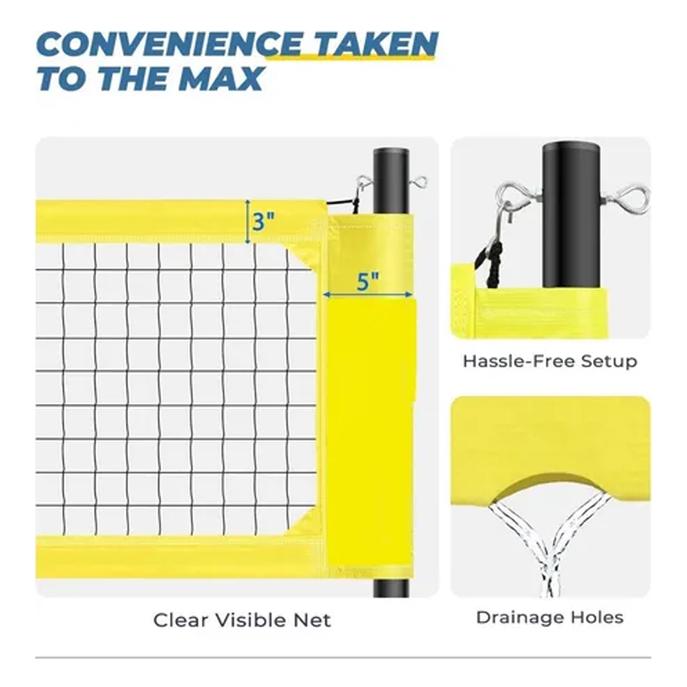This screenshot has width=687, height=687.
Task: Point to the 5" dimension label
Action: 367,281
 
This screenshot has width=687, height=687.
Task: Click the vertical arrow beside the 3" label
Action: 247,221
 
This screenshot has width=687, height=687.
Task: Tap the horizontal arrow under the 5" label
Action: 368,295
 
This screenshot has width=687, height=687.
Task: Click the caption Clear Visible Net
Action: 242,620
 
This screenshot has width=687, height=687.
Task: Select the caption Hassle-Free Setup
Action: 550,361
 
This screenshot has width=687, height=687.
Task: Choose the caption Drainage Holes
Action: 550,617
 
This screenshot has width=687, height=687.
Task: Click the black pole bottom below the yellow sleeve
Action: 391,589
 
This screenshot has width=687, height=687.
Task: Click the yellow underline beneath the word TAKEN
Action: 350,57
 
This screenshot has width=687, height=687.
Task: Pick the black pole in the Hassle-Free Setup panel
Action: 570,214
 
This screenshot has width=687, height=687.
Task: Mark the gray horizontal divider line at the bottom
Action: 343,657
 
